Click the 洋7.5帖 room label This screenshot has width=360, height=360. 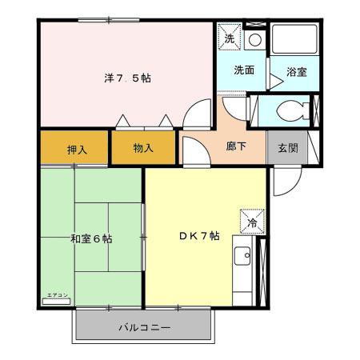[127, 78]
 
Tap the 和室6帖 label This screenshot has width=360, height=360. [90, 238]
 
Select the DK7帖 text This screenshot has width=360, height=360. [198, 235]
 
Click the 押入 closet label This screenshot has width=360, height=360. [77, 149]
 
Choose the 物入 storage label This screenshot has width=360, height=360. [143, 149]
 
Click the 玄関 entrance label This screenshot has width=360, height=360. [288, 149]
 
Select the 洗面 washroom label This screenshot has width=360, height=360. [244, 70]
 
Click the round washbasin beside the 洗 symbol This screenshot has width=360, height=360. [254, 38]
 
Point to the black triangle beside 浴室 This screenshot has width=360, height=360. [275, 78]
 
